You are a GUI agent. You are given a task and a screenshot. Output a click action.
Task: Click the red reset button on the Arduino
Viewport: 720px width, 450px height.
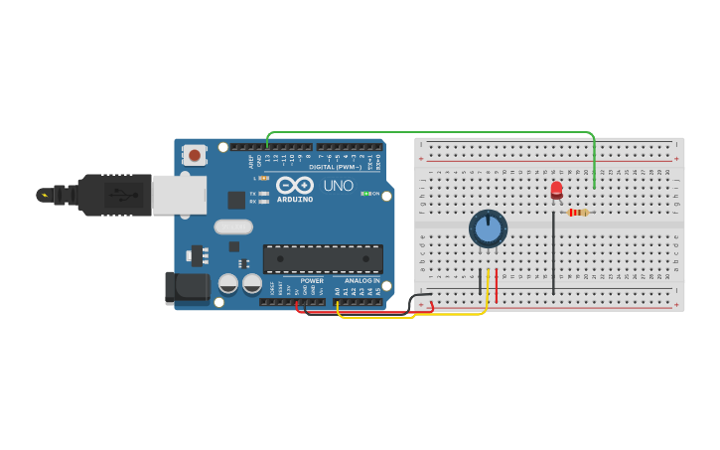click(x=195, y=155)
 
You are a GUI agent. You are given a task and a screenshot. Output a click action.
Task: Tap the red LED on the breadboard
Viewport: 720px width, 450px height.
click(x=556, y=189)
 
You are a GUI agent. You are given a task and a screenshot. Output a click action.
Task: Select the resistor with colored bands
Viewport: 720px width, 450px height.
click(x=577, y=212)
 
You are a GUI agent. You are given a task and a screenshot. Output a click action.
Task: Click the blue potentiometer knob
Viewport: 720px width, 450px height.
click(x=488, y=228)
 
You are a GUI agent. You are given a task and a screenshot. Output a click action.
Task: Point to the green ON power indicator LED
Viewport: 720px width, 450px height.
click(x=365, y=194)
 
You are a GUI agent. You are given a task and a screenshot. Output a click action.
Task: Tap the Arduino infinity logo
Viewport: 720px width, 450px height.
click(x=294, y=185)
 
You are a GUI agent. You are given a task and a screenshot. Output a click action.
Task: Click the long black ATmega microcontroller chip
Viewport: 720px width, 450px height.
click(x=322, y=258)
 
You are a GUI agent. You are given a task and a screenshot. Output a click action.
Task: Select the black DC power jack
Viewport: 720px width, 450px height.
click(x=186, y=287)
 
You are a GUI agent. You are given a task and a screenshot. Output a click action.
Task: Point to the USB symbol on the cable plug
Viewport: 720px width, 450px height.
click(x=119, y=195)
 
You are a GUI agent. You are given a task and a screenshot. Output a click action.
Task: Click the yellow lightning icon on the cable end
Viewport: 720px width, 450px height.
click(x=44, y=195)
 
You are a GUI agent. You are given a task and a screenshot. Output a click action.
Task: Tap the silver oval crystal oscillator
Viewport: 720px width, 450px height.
click(x=234, y=226)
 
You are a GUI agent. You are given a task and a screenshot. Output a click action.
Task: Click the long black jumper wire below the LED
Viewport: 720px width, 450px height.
click(x=553, y=253)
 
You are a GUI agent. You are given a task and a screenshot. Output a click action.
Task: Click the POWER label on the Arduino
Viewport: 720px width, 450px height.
click(x=312, y=281)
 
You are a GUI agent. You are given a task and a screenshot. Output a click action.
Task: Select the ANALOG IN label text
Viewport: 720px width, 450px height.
click(x=362, y=281)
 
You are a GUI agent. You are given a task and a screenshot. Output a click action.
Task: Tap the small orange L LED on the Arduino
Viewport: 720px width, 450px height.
click(x=263, y=178)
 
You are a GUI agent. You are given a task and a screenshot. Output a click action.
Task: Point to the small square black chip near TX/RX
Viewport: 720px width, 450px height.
click(x=236, y=200)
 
